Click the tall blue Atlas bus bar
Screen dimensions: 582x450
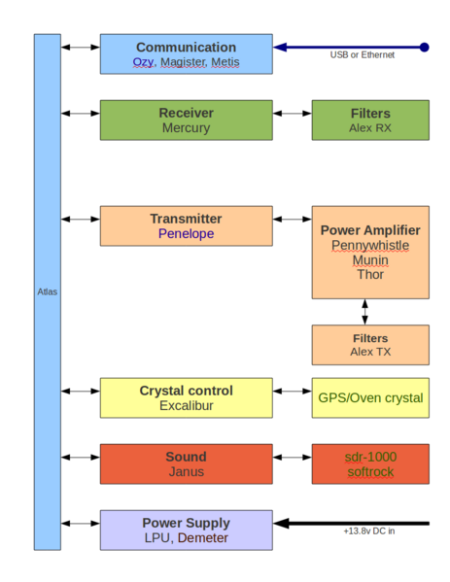(47, 291)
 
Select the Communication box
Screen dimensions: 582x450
(186, 54)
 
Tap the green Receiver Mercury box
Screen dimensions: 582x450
(186, 120)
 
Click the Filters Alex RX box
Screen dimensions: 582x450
(369, 120)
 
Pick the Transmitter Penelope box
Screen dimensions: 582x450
(186, 225)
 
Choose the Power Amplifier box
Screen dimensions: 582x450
(369, 252)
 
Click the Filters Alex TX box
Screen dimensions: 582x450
(369, 345)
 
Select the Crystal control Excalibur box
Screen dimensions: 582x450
(186, 397)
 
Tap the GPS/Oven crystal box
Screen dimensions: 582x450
(369, 397)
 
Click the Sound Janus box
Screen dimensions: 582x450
(186, 463)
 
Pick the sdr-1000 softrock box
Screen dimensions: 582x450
(369, 463)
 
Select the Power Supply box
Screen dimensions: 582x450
(186, 530)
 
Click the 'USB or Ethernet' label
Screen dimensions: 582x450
(362, 55)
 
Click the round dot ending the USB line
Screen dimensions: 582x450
(424, 46)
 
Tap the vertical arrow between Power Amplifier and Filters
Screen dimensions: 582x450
(365, 312)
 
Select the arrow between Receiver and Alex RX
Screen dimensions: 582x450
(292, 114)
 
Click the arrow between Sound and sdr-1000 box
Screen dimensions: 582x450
(292, 457)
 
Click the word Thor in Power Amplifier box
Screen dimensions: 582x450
(369, 275)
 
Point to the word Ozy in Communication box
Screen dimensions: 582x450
(143, 62)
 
